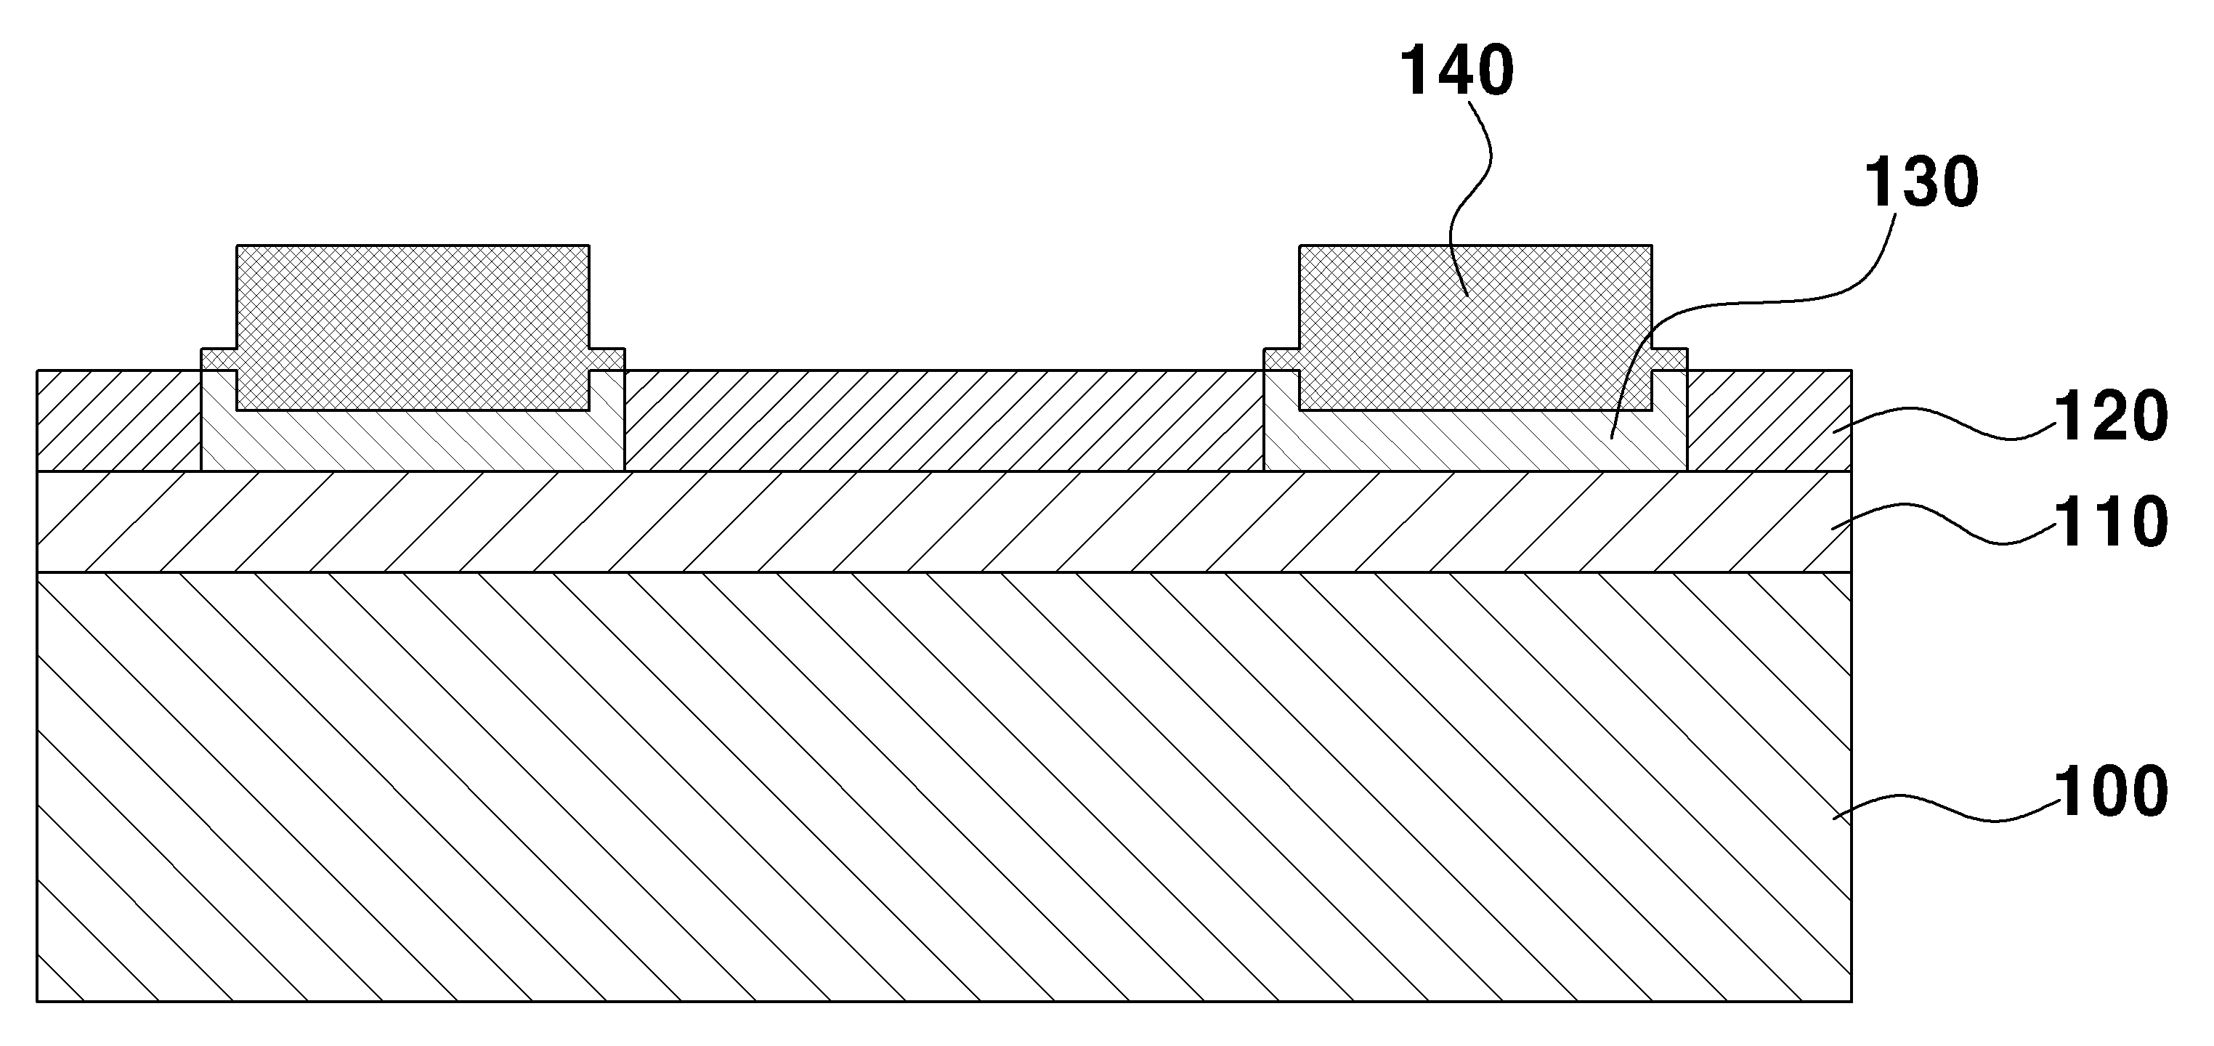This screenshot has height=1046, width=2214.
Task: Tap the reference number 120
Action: coord(2111,417)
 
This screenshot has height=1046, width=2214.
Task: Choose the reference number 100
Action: coord(2111,792)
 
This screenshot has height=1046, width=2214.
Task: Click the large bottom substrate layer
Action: coord(944,787)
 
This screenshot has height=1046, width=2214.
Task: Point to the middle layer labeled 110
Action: coord(944,522)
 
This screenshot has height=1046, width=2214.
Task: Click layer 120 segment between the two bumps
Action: coord(944,421)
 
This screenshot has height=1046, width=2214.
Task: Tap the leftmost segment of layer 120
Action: coord(118,421)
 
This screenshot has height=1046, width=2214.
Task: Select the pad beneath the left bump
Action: coord(413,440)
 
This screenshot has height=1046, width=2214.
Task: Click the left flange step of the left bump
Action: coord(219,360)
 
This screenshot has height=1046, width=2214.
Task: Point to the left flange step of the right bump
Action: coord(1281,360)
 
